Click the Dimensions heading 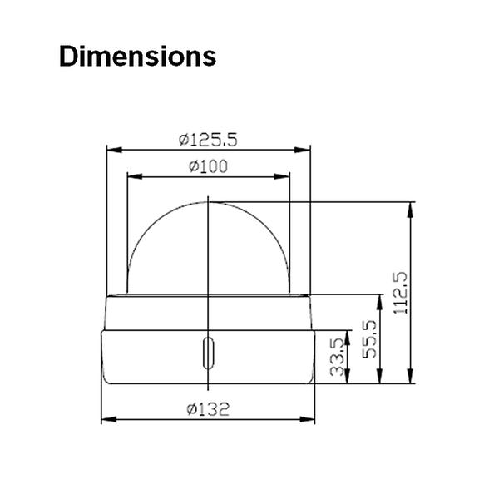pos(138,57)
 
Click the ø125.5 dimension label pos(207,140)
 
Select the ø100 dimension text pos(207,166)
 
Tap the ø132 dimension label pos(209,408)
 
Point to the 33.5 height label pos(338,357)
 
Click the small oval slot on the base pos(208,353)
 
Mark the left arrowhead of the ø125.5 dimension pos(111,151)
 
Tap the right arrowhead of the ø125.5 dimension pos(305,151)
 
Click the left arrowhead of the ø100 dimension pos(131,176)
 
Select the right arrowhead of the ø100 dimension pos(284,176)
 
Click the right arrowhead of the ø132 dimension pos(312,418)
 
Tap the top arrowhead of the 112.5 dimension pos(412,206)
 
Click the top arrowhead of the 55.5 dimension pos(379,299)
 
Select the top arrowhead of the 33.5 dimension pos(347,333)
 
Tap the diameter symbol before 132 pos(191,408)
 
